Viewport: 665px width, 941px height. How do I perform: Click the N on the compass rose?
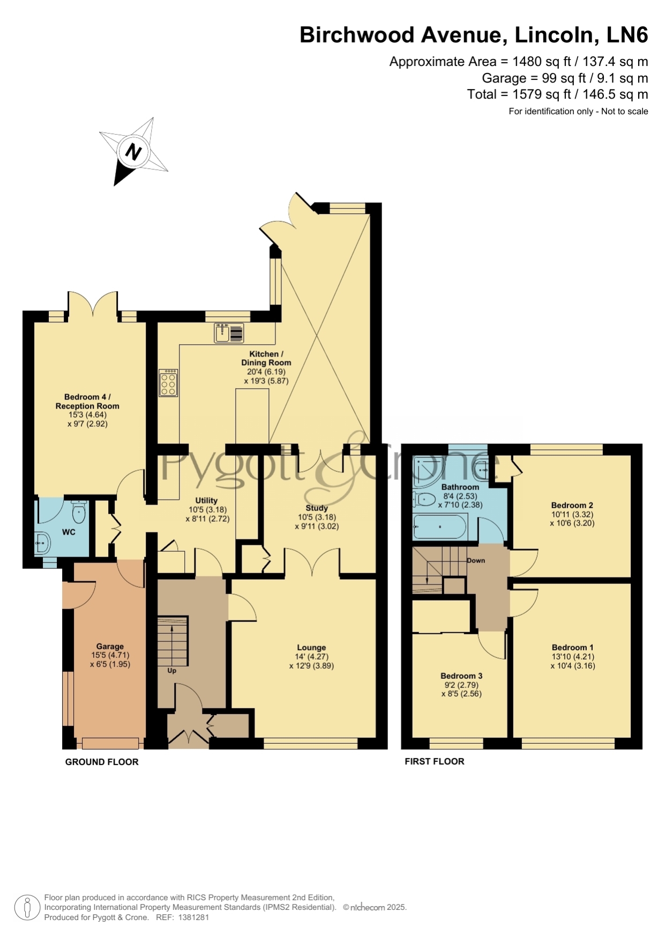pyautogui.click(x=133, y=152)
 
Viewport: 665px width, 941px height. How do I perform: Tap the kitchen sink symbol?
pyautogui.click(x=229, y=333)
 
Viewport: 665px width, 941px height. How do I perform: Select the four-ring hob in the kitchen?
pyautogui.click(x=168, y=382)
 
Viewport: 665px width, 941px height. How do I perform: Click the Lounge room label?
pyautogui.click(x=311, y=648)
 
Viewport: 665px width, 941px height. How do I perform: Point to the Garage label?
pyautogui.click(x=110, y=647)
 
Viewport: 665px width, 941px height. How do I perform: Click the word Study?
pyautogui.click(x=317, y=508)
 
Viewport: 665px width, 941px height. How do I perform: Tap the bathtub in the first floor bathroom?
pyautogui.click(x=440, y=527)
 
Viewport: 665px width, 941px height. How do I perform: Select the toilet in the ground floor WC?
pyautogui.click(x=79, y=512)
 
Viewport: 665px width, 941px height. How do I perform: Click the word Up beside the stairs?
pyautogui.click(x=172, y=671)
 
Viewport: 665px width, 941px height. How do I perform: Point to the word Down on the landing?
pyautogui.click(x=476, y=560)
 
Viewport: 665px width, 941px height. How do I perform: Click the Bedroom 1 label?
pyautogui.click(x=572, y=647)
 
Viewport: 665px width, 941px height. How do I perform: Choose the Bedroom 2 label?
pyautogui.click(x=572, y=505)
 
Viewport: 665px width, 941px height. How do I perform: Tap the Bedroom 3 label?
pyautogui.click(x=461, y=676)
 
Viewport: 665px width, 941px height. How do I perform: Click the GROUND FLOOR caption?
pyautogui.click(x=102, y=762)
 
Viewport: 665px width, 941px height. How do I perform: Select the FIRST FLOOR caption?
pyautogui.click(x=435, y=761)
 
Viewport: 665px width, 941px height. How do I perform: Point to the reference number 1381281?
pyautogui.click(x=194, y=917)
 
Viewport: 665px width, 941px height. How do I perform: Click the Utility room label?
pyautogui.click(x=206, y=500)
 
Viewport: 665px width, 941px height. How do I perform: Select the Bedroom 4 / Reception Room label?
pyautogui.click(x=87, y=402)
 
